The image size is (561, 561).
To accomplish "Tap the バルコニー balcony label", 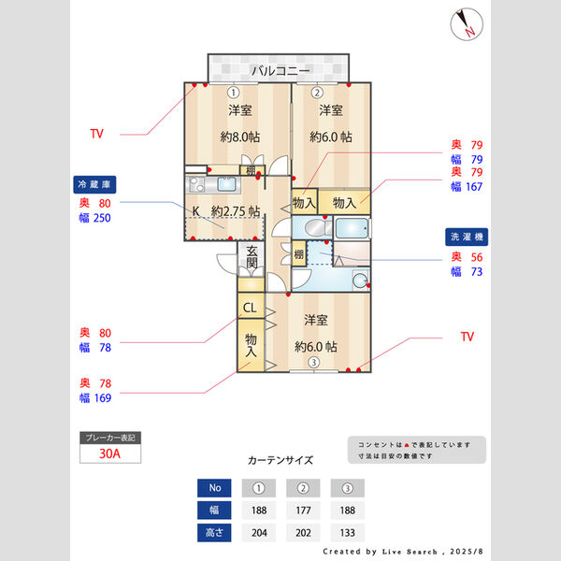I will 280,71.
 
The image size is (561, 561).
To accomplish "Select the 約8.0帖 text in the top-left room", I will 239,137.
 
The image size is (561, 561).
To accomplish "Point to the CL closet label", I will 250,307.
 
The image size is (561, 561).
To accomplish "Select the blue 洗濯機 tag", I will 465,237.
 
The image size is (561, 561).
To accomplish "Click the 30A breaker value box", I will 111,454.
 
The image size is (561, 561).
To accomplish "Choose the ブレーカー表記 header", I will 111,437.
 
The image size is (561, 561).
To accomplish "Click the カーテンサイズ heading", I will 280,460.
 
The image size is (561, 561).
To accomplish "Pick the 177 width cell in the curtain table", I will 303,511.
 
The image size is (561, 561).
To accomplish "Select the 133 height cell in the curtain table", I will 347,534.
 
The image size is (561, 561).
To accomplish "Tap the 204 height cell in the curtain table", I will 258,534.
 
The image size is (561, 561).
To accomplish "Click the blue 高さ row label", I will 214,534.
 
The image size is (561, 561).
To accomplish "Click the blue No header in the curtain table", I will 214,487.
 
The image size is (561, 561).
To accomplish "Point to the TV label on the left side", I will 96,134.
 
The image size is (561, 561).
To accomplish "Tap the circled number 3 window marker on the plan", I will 314,364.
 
